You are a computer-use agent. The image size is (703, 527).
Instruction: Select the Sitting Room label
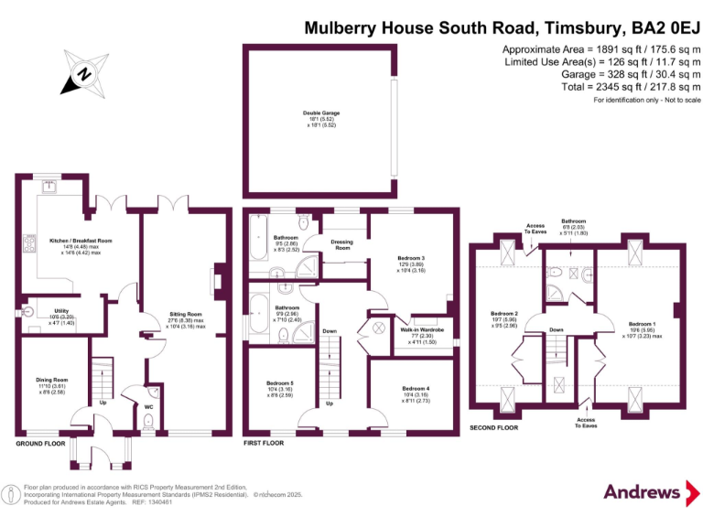coord(187,314)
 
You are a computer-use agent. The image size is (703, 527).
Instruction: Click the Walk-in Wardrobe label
coord(422,329)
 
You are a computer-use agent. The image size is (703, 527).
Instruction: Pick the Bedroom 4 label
coord(415,388)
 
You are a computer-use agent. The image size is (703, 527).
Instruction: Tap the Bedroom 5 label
coord(280,382)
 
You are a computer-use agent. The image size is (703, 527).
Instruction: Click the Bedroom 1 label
coord(641,323)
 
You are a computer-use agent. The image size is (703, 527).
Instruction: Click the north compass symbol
coord(83,72)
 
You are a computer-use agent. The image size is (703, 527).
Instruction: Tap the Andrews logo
coord(644,491)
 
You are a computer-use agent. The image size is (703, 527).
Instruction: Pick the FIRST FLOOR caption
coord(264,444)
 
